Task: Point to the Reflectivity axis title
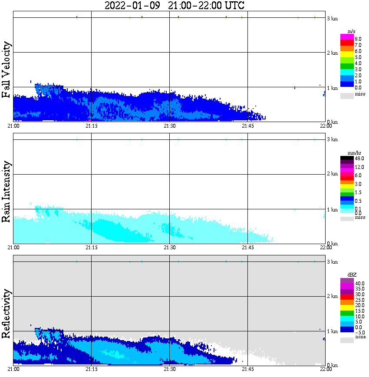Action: point(6,315)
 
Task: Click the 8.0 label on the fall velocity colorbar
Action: point(358,39)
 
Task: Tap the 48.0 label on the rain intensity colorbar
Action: point(359,160)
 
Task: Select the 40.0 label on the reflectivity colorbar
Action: point(359,283)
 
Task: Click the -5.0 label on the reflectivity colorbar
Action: point(359,332)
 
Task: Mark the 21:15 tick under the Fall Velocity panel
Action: point(91,126)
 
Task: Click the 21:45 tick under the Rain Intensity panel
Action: point(247,248)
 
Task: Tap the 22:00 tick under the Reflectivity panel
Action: point(326,370)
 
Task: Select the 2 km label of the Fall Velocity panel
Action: point(332,53)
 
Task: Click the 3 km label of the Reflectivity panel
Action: point(332,262)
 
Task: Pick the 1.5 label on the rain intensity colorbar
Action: point(358,192)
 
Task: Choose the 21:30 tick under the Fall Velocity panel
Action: point(169,126)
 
